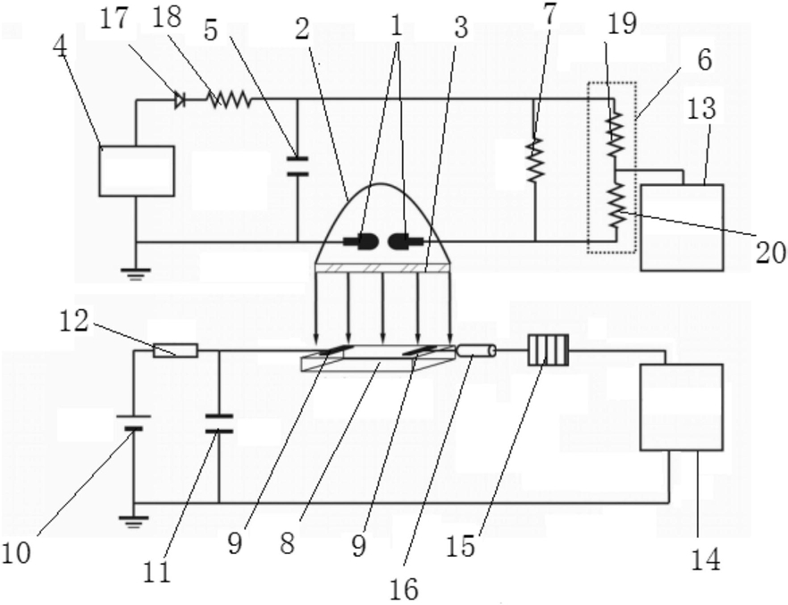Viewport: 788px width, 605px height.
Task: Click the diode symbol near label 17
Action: click(179, 100)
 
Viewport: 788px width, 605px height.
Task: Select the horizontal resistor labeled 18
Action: click(229, 99)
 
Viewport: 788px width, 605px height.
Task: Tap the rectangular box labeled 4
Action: click(136, 171)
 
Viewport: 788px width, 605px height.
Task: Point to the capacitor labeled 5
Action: click(297, 166)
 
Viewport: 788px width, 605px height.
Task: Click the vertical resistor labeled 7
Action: click(535, 160)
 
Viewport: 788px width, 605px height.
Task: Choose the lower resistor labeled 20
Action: click(616, 206)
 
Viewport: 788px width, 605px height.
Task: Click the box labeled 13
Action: click(682, 228)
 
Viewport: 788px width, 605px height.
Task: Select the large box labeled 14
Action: click(682, 407)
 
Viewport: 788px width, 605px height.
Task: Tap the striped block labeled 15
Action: click(549, 350)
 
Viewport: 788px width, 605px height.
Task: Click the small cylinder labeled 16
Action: click(476, 350)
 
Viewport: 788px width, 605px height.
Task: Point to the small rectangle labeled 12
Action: click(175, 350)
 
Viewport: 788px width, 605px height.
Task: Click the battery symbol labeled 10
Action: click(134, 422)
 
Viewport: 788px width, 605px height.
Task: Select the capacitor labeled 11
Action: click(219, 424)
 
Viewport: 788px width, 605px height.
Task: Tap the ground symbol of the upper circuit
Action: click(135, 273)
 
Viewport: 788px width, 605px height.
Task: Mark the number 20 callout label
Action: click(771, 251)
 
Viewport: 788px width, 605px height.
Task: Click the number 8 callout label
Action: click(287, 542)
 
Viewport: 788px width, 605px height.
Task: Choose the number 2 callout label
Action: click(302, 29)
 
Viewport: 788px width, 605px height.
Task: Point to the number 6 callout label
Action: click(705, 60)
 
